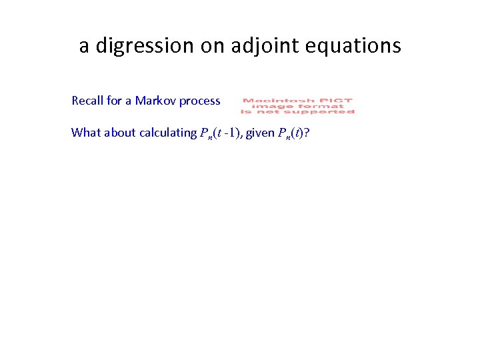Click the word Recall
tap(87, 101)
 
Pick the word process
tap(199, 101)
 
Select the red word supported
tap(321, 111)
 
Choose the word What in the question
tap(85, 132)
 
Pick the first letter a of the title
tap(84, 46)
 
